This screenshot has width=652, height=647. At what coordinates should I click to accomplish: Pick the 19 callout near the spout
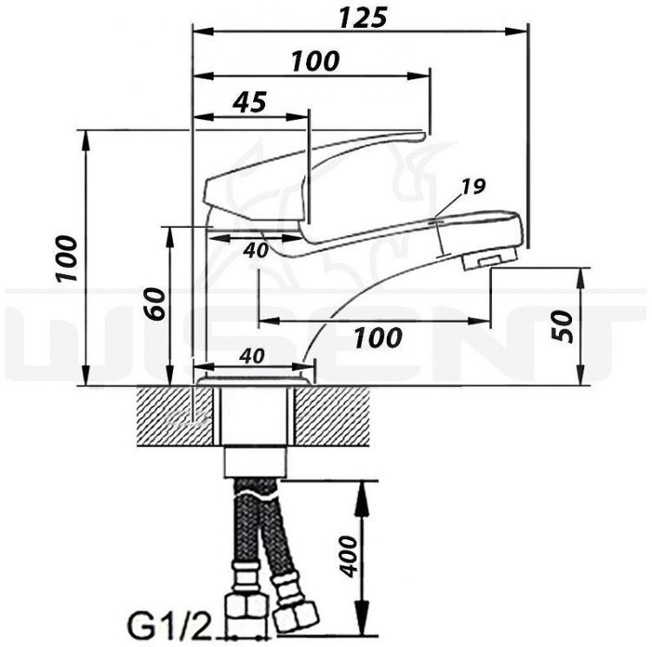coord(474,185)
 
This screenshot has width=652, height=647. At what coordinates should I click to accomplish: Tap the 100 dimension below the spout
coord(378,337)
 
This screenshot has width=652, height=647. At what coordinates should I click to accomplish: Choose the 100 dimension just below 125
coord(315,61)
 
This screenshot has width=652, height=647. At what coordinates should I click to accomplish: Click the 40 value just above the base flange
coord(253,356)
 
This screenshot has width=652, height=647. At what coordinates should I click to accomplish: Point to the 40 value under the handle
coord(255,250)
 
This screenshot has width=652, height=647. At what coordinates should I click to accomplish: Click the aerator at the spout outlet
coord(489,258)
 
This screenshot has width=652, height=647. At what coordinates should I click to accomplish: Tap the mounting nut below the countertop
coord(254,460)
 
